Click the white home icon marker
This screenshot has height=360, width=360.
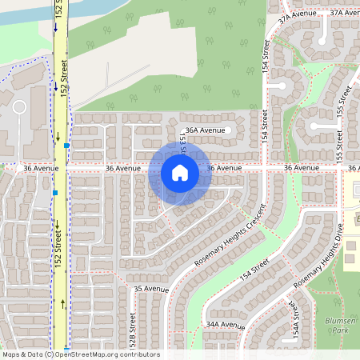click(180, 173)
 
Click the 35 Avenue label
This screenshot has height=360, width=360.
click(151, 288)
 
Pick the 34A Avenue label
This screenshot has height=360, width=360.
click(225, 325)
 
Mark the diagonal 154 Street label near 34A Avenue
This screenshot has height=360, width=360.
click(249, 275)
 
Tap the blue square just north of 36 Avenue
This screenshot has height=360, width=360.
click(66, 146)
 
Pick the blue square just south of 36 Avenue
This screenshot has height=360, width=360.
click(54, 193)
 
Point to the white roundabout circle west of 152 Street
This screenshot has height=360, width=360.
click(19, 106)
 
